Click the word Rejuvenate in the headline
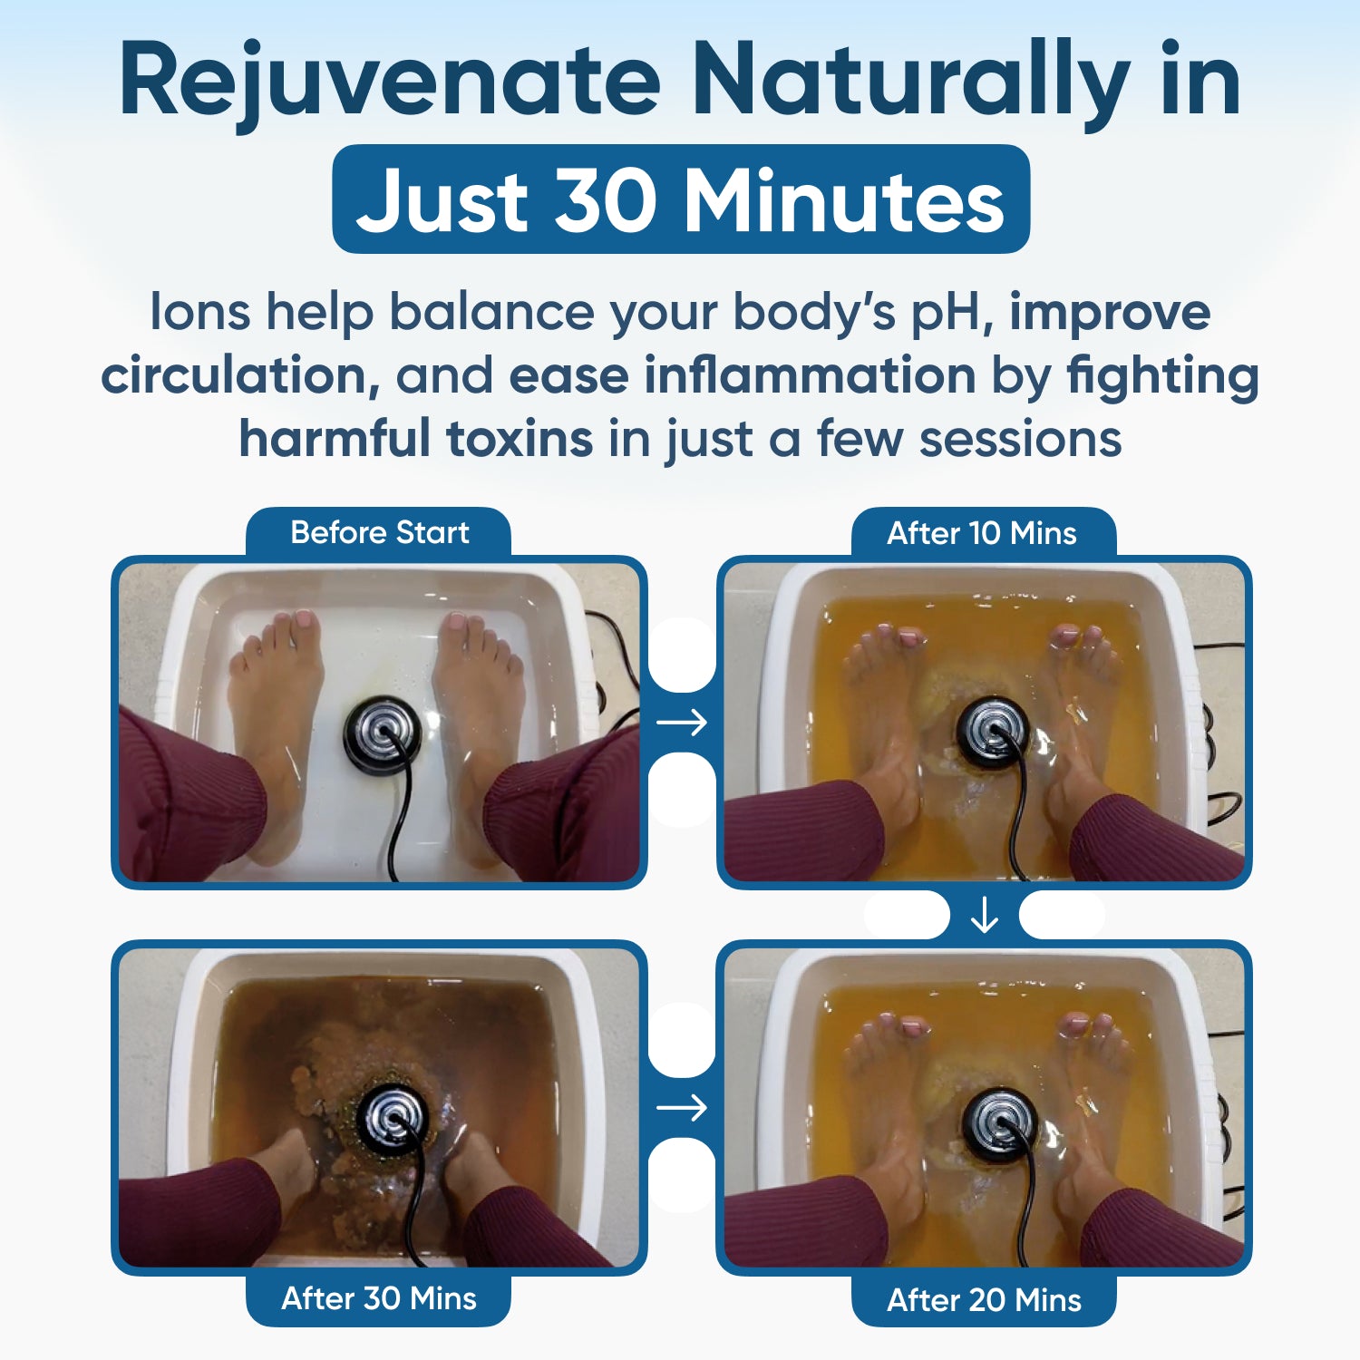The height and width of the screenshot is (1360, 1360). click(x=390, y=82)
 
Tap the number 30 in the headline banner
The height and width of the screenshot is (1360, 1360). click(x=605, y=199)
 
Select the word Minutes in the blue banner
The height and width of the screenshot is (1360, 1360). click(x=843, y=199)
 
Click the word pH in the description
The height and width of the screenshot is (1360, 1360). click(x=951, y=312)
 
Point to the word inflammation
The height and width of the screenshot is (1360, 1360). click(x=810, y=375)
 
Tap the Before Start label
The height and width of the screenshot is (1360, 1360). click(x=379, y=532)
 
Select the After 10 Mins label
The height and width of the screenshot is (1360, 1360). click(x=982, y=533)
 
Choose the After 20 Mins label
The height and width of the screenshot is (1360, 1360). click(x=984, y=1300)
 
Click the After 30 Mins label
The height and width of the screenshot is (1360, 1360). click(x=379, y=1298)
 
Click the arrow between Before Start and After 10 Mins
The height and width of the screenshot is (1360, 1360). click(x=682, y=723)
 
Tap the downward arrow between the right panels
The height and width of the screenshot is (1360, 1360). click(x=984, y=917)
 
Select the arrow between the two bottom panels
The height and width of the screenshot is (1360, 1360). click(x=682, y=1108)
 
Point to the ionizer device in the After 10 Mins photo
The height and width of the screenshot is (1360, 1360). click(x=993, y=730)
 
